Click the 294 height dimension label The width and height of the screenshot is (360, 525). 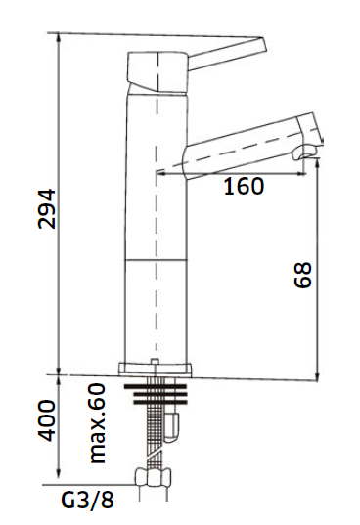coord(46,208)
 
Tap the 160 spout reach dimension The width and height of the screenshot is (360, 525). coord(244,186)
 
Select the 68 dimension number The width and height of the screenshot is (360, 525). coord(302,275)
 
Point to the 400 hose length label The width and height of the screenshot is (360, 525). coord(46,420)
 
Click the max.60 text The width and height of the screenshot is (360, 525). coord(98,423)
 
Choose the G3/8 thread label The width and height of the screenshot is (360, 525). coord(87,500)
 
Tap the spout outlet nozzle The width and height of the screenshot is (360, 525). coord(305,153)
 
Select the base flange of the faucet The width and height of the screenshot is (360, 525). coord(156,370)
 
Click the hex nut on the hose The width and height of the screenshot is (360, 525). coord(153,477)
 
